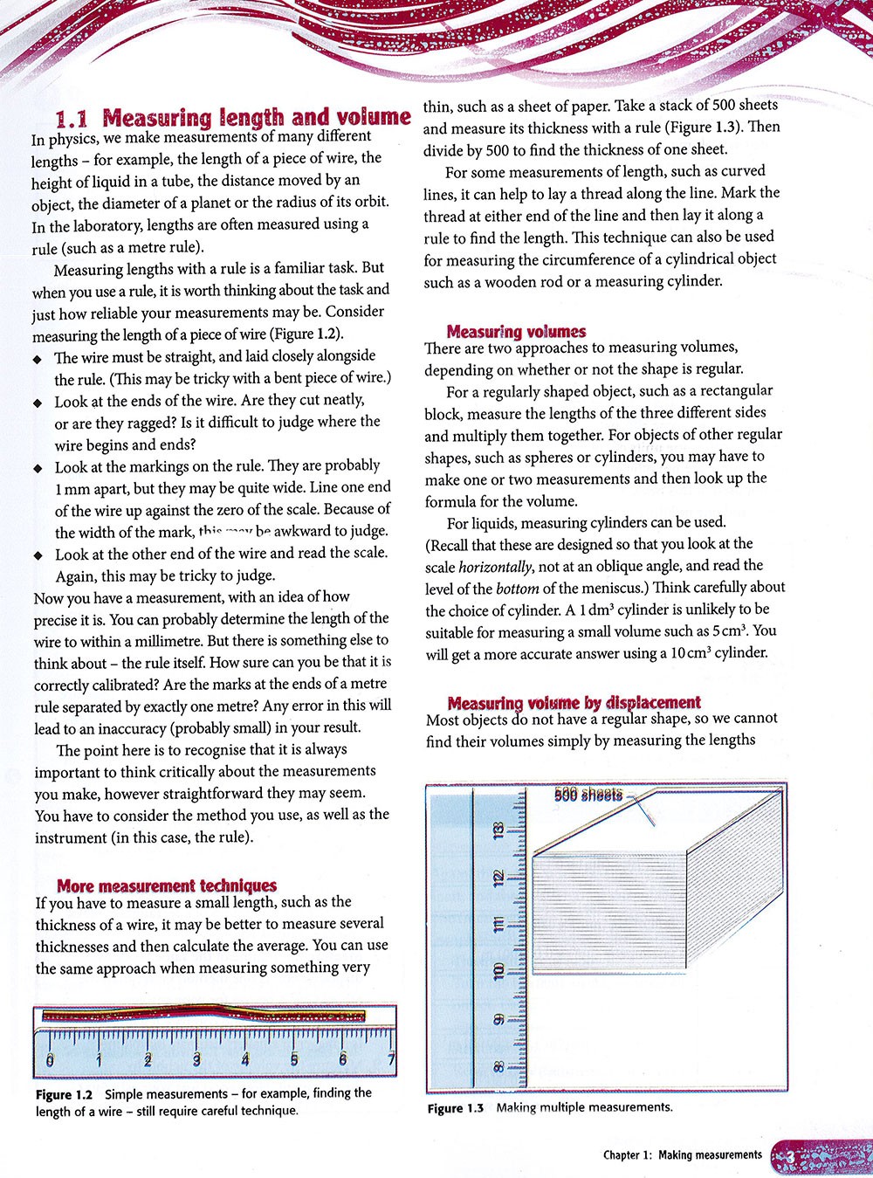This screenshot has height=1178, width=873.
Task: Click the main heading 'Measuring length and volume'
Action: point(256,117)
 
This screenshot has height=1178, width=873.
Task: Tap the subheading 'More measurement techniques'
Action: point(167,885)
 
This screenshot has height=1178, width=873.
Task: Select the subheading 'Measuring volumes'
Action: point(516,331)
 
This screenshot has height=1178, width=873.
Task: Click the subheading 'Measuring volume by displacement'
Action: point(574,702)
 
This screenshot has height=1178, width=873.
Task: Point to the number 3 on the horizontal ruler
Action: point(196,1059)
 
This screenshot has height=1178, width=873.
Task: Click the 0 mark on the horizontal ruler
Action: point(49,1059)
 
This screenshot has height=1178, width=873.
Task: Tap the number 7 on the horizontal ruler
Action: point(391,1059)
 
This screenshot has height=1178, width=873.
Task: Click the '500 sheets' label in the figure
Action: point(588,795)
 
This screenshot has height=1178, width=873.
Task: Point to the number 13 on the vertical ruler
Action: point(498,830)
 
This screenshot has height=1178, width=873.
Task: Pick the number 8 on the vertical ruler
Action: point(498,1065)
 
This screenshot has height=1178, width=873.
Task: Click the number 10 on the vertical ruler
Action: point(498,971)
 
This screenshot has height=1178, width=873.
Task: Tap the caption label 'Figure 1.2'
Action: point(64,1094)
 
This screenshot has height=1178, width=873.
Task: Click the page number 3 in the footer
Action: point(789,1155)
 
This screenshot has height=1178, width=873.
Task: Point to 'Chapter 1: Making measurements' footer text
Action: point(682,1155)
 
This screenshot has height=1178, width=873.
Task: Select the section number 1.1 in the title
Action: point(75,118)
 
